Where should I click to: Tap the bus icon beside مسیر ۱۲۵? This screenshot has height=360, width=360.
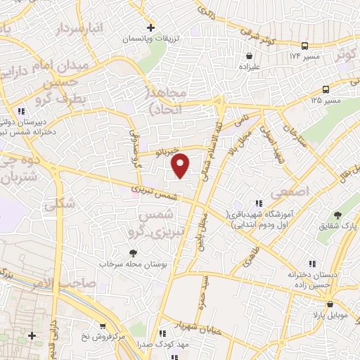click(x=326, y=89)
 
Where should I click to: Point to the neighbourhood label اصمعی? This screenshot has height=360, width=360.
click(x=293, y=190)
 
